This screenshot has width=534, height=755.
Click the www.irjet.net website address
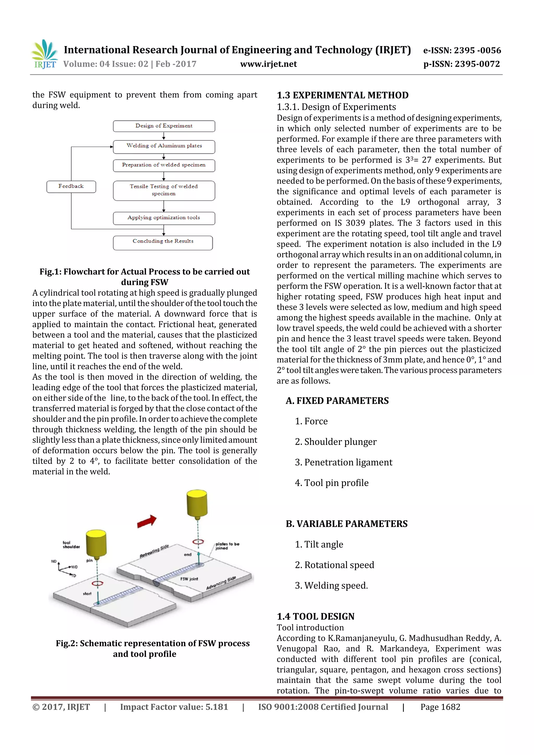pos(269,64)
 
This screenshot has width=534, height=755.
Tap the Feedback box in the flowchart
pos(71,186)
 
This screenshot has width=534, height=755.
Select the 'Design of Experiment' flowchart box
pos(164,126)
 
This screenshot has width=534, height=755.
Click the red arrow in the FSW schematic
pos(147,521)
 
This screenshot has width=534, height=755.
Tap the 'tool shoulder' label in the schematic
pos(71,544)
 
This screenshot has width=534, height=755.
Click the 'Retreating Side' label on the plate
pos(154,551)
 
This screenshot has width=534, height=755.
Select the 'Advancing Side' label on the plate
pos(221,583)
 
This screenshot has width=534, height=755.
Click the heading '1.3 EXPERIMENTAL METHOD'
pos(343,95)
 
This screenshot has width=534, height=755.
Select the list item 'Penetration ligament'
pos(348,462)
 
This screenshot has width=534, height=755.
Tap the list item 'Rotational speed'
pos(339,565)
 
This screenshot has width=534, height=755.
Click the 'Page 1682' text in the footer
pos(440,707)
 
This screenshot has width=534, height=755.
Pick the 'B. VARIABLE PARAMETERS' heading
pos(347,524)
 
